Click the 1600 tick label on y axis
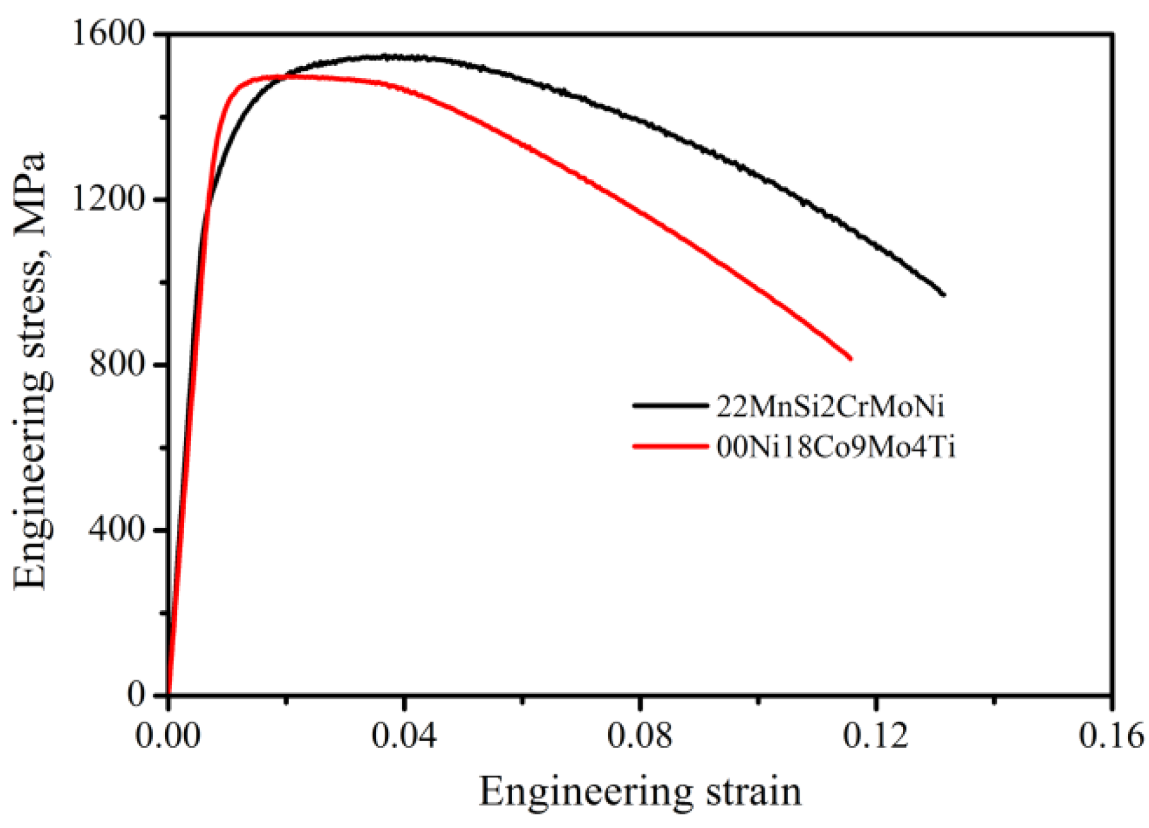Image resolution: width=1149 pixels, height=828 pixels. coord(109,33)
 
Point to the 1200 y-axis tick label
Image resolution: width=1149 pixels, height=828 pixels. coord(109,199)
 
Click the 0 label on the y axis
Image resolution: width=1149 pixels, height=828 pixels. coord(136,695)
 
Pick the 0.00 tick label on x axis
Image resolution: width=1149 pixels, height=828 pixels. coord(168,736)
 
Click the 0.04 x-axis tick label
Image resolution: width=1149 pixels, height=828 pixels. coord(403,736)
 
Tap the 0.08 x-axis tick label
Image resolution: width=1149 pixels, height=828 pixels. coord(639,736)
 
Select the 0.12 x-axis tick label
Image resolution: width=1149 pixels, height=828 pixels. coord(875,736)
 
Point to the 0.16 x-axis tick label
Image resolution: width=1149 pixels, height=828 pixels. coord(1111,736)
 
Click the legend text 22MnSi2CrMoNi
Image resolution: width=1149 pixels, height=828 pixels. coord(830,407)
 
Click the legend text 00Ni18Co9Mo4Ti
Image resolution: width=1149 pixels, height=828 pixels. coord(836,447)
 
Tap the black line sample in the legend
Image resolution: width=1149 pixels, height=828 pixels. coord(669,405)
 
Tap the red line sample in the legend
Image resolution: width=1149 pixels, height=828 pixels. coord(669,446)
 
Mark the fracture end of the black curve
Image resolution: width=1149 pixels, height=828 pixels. coord(944,295)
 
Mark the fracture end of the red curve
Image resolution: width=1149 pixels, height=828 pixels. coord(850,359)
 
